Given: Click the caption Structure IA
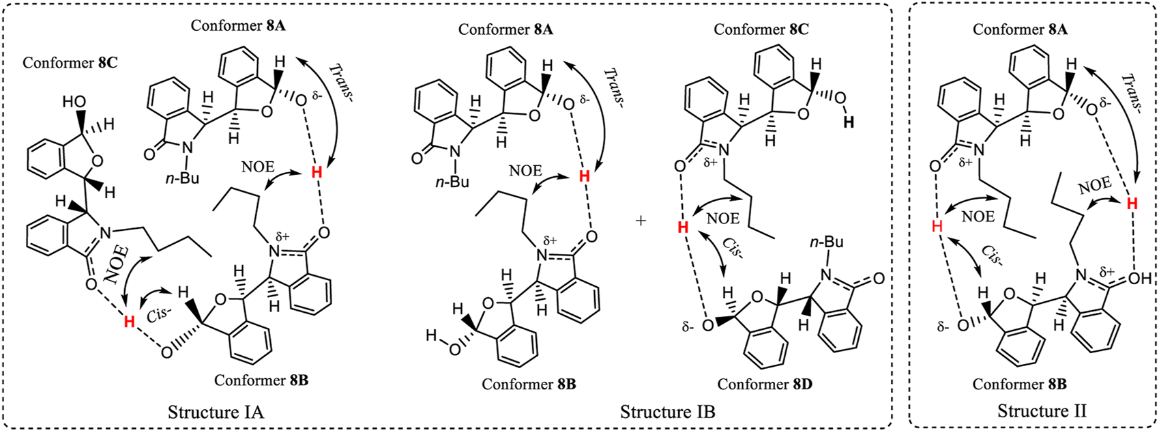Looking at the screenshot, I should [x=216, y=412].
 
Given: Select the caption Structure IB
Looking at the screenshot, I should [x=667, y=412].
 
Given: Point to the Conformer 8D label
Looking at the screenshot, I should [x=765, y=384].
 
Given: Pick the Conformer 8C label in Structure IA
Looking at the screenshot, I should [x=70, y=63].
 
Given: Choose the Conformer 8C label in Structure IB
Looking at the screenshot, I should [x=761, y=29].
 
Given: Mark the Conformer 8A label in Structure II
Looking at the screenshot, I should [x=1021, y=29].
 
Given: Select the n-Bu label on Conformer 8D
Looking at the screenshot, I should [x=827, y=242].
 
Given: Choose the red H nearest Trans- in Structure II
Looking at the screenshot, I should [x=1132, y=203].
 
